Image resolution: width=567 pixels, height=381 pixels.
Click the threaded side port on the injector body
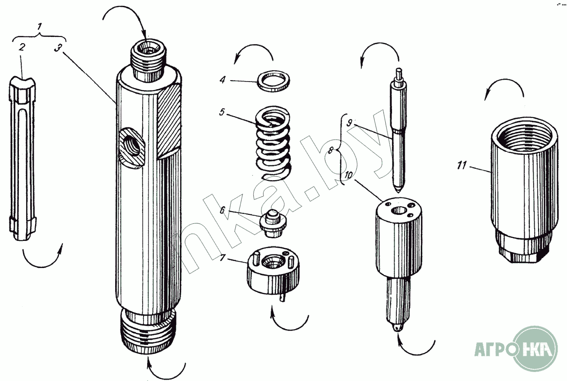click(x=131, y=146)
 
